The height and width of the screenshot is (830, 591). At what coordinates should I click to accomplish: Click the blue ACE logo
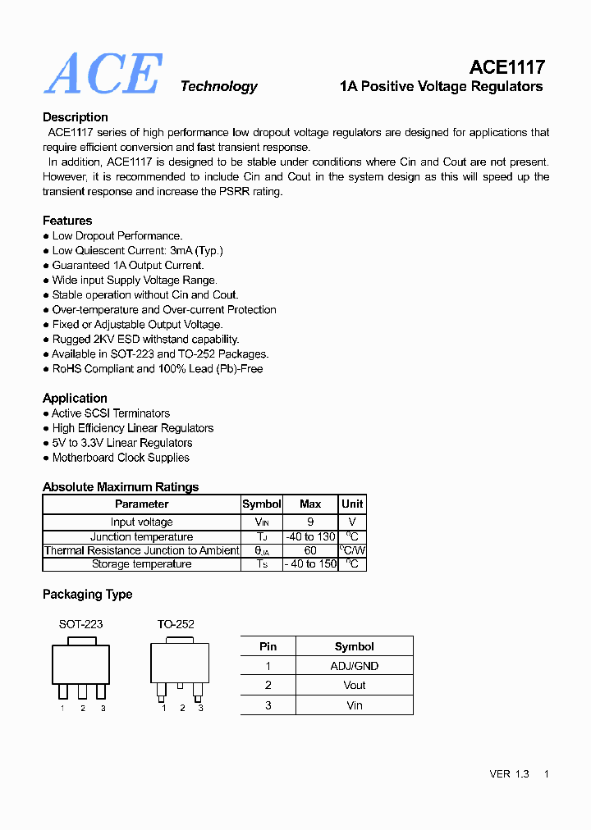103,74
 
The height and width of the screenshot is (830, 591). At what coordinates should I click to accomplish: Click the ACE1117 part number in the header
506,67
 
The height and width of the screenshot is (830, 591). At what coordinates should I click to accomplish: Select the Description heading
76,117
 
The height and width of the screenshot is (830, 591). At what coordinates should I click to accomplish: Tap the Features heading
67,221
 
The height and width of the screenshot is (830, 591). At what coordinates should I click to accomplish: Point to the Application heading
75,398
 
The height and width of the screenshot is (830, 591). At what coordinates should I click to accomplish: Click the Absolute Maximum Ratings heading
121,487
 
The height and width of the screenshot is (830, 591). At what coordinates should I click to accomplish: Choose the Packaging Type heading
87,595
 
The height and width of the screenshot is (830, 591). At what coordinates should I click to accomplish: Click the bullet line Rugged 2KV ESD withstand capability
145,339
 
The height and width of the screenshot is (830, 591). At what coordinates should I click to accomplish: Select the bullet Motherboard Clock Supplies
121,458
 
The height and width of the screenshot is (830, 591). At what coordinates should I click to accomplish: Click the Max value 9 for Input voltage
310,522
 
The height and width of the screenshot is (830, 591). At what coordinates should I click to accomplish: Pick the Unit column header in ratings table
352,504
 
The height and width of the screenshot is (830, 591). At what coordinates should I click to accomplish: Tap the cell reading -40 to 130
310,537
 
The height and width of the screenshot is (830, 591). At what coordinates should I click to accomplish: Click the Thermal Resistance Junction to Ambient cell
142,550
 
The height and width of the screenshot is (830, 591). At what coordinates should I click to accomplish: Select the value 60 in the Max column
310,550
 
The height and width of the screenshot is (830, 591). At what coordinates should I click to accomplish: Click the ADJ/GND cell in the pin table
354,666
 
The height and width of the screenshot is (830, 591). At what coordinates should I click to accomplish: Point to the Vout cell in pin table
354,686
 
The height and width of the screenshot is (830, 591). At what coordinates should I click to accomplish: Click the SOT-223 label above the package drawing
80,624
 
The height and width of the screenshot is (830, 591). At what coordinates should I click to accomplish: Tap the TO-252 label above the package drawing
176,624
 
